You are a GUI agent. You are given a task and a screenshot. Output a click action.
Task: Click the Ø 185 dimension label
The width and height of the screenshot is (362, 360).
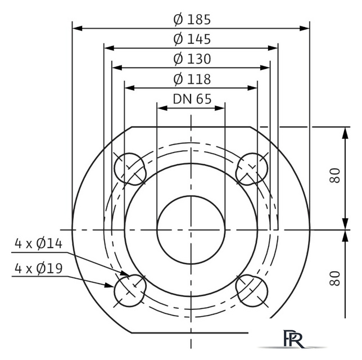192,19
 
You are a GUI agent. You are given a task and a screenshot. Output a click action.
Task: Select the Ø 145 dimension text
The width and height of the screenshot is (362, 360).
192,39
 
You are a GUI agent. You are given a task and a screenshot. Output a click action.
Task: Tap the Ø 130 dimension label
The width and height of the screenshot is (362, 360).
192,58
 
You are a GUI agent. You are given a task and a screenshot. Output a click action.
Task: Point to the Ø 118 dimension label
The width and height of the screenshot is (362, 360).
192,79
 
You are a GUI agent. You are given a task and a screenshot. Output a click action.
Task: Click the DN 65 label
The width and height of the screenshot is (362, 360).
192,99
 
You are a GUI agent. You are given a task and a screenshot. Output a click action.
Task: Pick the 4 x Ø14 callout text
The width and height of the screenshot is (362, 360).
39,244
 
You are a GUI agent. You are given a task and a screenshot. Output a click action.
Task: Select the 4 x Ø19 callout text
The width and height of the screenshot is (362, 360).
39,268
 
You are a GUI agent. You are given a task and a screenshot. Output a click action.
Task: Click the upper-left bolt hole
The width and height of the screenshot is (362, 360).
130,169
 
